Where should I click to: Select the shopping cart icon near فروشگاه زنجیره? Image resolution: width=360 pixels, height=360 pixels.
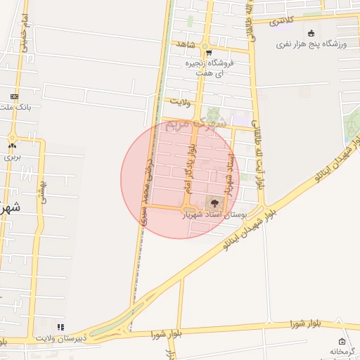coord(208,53)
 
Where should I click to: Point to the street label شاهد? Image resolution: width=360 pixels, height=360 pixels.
coord(186,44)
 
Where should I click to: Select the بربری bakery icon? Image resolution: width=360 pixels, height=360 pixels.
coord(11,146)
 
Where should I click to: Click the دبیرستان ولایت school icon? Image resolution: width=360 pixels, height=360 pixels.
coord(60,327)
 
